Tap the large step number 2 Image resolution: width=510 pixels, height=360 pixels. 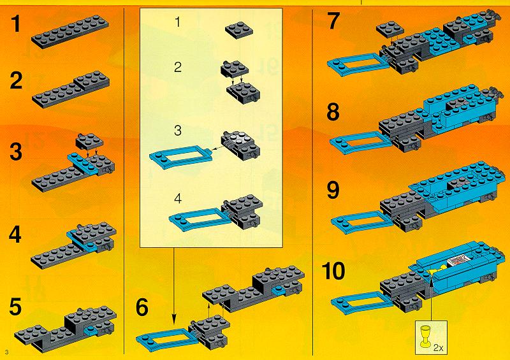(17, 80)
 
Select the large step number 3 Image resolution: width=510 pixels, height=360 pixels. (17, 152)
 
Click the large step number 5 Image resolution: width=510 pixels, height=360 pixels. (15, 306)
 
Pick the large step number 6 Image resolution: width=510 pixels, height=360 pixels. (142, 306)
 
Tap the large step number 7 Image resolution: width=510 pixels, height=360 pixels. (333, 21)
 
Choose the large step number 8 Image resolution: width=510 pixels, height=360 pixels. (333, 112)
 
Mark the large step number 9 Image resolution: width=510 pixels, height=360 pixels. (333, 191)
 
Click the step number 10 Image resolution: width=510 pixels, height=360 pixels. (333, 271)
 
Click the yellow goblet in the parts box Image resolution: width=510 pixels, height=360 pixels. (425, 335)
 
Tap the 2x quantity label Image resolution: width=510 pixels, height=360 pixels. (438, 349)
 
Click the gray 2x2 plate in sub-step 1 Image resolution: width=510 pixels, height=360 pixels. (239, 30)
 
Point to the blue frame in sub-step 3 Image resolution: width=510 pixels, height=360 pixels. (180, 157)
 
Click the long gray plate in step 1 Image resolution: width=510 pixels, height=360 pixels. (70, 32)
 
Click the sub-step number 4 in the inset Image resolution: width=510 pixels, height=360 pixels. (178, 199)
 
